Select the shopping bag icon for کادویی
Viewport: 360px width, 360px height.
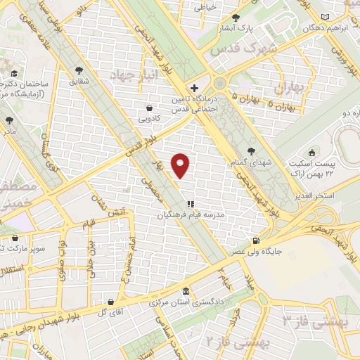pyautogui.click(x=149, y=108)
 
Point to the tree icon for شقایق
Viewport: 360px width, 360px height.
pyautogui.click(x=78, y=70)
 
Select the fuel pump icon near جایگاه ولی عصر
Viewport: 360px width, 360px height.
pyautogui.click(x=264, y=240)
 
